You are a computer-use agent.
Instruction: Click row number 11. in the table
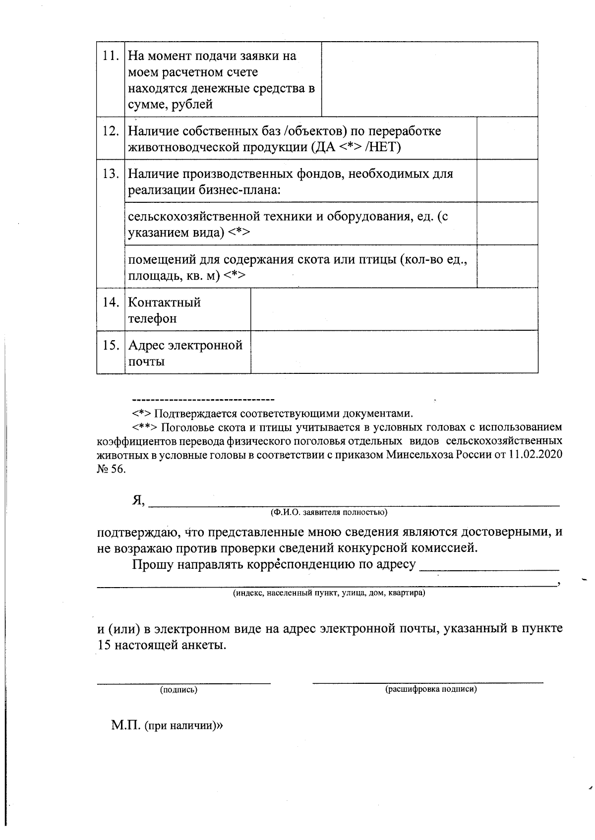point(110,56)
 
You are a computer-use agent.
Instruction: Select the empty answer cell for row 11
point(429,79)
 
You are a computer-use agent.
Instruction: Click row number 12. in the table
point(110,131)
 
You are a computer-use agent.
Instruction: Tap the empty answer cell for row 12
point(507,138)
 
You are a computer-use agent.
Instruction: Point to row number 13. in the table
point(110,174)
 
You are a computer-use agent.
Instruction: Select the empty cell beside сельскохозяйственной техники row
point(507,223)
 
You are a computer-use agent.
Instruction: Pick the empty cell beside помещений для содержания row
point(507,266)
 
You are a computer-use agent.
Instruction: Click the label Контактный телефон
point(164,310)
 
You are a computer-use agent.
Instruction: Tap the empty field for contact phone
point(394,309)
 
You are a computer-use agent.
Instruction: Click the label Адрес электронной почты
point(184,353)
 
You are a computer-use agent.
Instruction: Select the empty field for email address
point(394,352)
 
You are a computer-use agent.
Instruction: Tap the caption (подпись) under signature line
point(178,690)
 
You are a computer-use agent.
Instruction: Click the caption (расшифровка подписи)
point(431,689)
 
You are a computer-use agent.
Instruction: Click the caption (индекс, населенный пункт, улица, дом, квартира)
point(329,593)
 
